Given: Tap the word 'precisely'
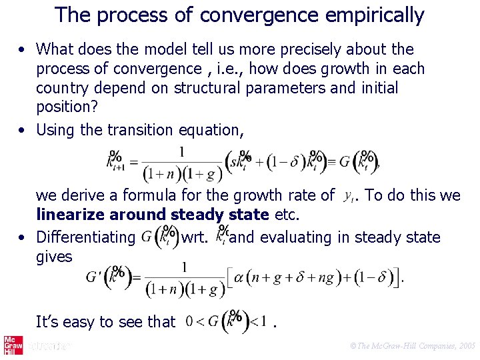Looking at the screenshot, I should (x=312, y=49).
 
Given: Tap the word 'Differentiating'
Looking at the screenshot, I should (x=86, y=237).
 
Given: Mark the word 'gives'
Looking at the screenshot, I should (x=54, y=256).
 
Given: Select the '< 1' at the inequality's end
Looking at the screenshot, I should (x=258, y=322).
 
